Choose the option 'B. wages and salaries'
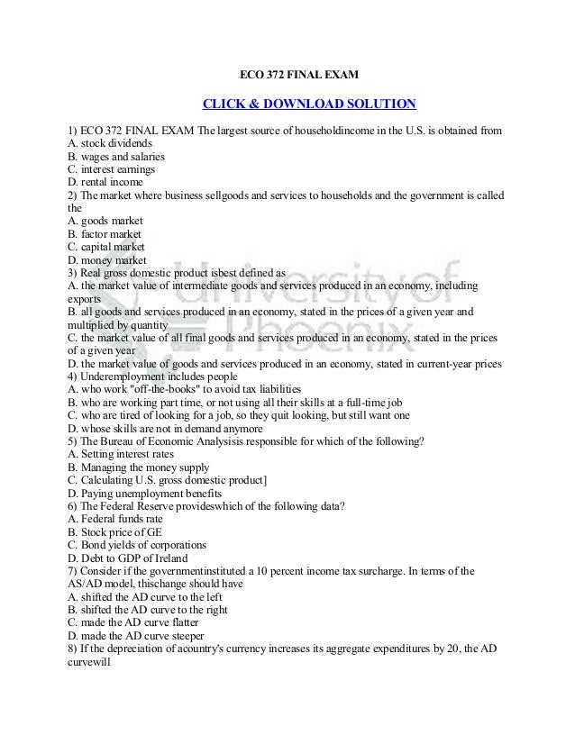coord(116,156)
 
